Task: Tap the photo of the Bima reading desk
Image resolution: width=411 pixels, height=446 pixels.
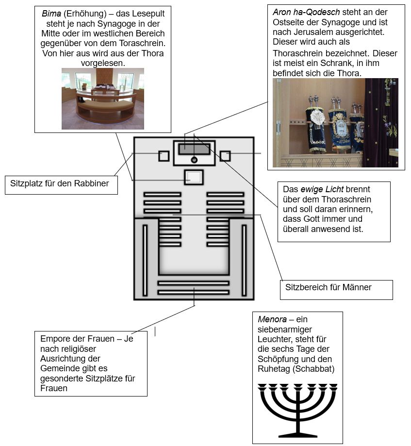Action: (102, 98)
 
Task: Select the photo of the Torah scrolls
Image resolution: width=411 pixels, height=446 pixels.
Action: (335, 122)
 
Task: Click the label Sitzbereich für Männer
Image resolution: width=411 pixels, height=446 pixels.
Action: (328, 287)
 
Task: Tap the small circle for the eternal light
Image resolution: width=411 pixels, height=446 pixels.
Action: (194, 160)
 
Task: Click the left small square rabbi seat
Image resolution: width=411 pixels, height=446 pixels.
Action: (164, 156)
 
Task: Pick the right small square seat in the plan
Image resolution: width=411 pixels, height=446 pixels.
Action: (225, 156)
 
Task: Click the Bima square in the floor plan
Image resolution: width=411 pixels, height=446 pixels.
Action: (194, 177)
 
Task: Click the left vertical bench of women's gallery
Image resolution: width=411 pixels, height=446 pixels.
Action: (145, 260)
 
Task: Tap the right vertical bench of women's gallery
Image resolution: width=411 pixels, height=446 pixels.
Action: (244, 260)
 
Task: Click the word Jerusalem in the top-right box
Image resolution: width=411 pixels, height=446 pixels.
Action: (307, 32)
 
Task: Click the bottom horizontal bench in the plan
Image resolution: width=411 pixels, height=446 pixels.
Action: (193, 292)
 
